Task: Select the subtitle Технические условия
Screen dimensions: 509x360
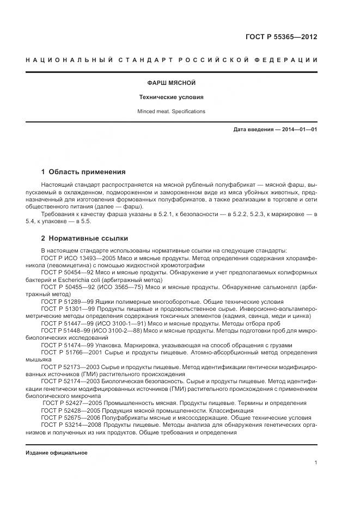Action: click(172, 97)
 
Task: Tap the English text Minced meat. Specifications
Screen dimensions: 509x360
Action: click(172, 111)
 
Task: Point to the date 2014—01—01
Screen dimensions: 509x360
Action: click(297, 130)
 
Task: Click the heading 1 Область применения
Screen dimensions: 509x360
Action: click(83, 171)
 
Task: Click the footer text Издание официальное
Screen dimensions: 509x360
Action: click(56, 453)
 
